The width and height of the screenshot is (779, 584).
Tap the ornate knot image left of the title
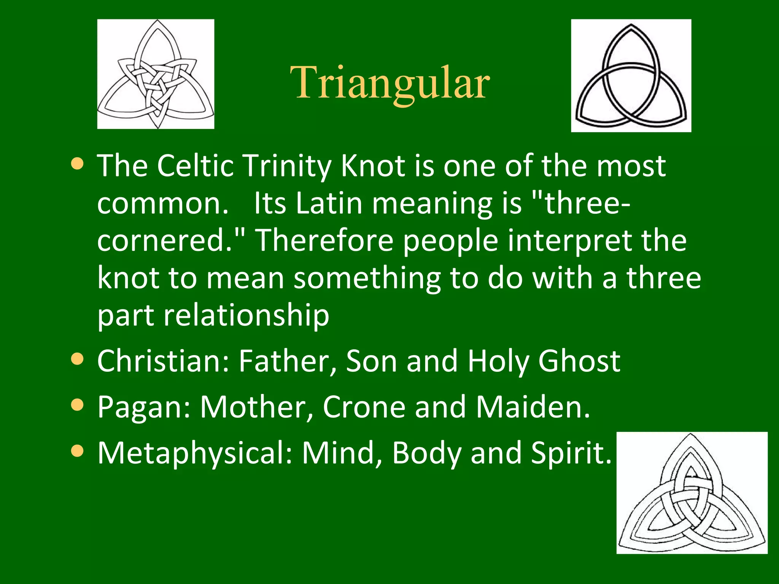click(x=156, y=74)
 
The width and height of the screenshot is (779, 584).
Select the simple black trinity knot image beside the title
click(x=631, y=76)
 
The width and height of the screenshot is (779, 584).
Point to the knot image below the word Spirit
click(x=692, y=493)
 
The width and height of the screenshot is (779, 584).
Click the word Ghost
click(x=579, y=361)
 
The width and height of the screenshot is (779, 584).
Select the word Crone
click(x=364, y=407)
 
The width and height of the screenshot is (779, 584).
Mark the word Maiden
click(x=533, y=407)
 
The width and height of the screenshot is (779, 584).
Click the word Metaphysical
click(x=195, y=453)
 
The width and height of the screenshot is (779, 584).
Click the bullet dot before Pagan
click(x=77, y=405)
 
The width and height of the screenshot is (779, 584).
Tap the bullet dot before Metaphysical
click(x=77, y=451)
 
